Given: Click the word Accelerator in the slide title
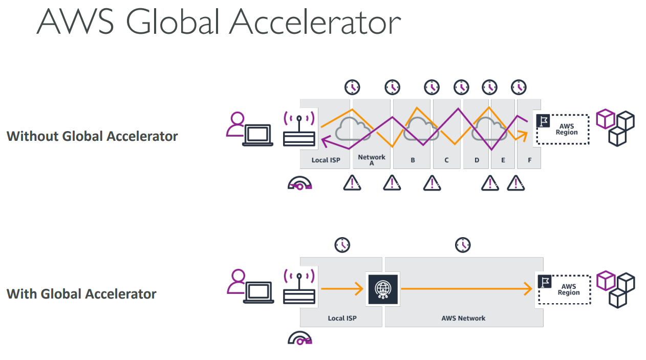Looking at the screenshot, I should pyautogui.click(x=314, y=22).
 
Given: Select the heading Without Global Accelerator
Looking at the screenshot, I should pyautogui.click(x=92, y=136).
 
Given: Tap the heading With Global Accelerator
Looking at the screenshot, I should pyautogui.click(x=81, y=294).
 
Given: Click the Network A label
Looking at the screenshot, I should pyautogui.click(x=372, y=160).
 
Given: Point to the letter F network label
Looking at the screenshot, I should pyautogui.click(x=529, y=160).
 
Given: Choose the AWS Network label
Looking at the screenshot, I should pyautogui.click(x=463, y=318).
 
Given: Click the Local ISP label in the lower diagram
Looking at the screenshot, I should pyautogui.click(x=342, y=318).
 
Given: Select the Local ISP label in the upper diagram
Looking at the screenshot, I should pyautogui.click(x=326, y=160).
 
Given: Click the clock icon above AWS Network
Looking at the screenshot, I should pyautogui.click(x=463, y=245).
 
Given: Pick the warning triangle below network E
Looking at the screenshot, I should pyautogui.click(x=516, y=182).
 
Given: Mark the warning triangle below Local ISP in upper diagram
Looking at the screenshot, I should pyautogui.click(x=352, y=182).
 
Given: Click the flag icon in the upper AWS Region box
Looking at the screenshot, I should pyautogui.click(x=543, y=121).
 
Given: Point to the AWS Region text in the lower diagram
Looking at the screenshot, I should pyautogui.click(x=568, y=290).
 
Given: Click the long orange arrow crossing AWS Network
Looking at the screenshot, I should pyautogui.click(x=466, y=289).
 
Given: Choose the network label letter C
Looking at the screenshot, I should pyautogui.click(x=446, y=160).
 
